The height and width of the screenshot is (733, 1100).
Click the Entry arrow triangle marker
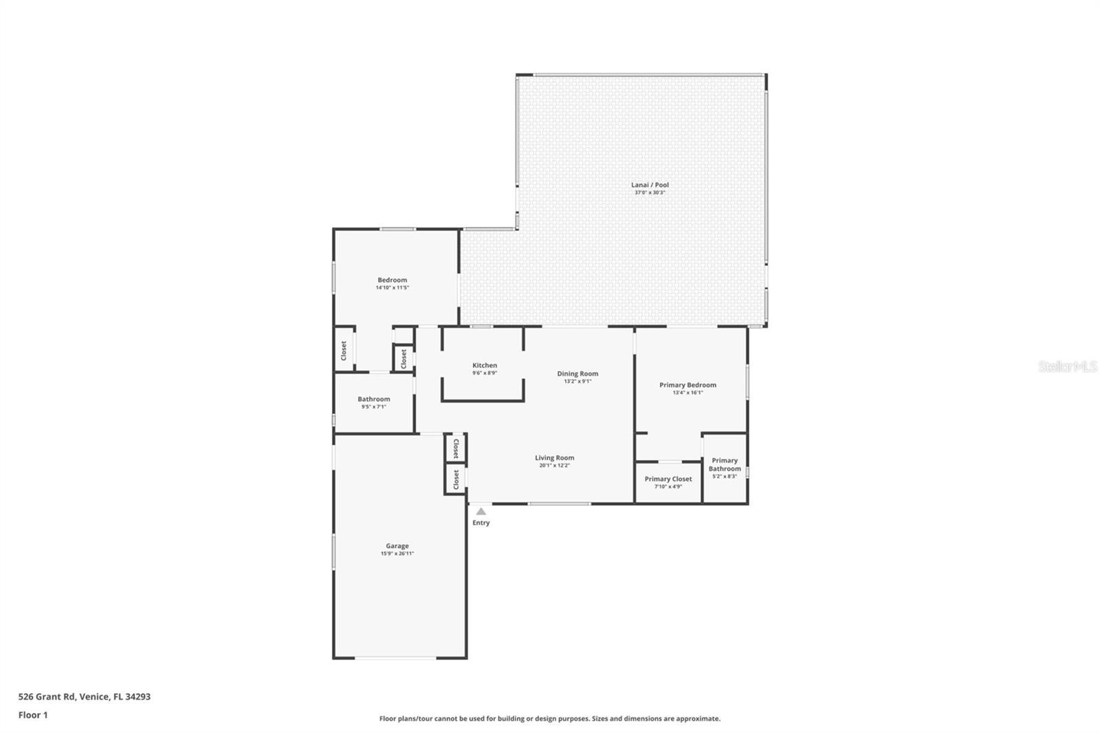pyautogui.click(x=481, y=512)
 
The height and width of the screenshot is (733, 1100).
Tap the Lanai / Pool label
pyautogui.click(x=650, y=185)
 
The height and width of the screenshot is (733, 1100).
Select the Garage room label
pyautogui.click(x=397, y=546)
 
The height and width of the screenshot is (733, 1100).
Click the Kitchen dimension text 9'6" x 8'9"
pyautogui.click(x=485, y=373)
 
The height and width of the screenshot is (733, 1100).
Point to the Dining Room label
pyautogui.click(x=577, y=374)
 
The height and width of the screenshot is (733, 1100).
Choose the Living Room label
pyautogui.click(x=555, y=458)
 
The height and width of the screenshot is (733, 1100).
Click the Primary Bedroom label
pyautogui.click(x=687, y=385)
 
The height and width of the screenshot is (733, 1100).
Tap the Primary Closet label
pyautogui.click(x=668, y=479)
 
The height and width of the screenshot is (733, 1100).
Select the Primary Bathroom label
pyautogui.click(x=725, y=465)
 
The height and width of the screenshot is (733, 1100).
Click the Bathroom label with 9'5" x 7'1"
pyautogui.click(x=374, y=400)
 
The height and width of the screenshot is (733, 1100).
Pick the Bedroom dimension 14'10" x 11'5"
pyautogui.click(x=393, y=288)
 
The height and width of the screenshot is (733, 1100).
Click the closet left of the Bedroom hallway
pyautogui.click(x=344, y=351)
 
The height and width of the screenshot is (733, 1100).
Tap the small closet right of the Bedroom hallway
pyautogui.click(x=404, y=358)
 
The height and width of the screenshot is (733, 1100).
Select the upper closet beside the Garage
pyautogui.click(x=456, y=449)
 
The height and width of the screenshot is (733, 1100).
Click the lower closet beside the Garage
pyautogui.click(x=456, y=480)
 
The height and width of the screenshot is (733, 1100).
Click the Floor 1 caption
pyautogui.click(x=33, y=715)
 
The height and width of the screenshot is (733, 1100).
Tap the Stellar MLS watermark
pyautogui.click(x=1067, y=366)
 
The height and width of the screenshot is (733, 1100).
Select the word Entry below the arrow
pyautogui.click(x=481, y=523)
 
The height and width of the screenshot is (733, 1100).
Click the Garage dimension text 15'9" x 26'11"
pyautogui.click(x=397, y=554)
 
